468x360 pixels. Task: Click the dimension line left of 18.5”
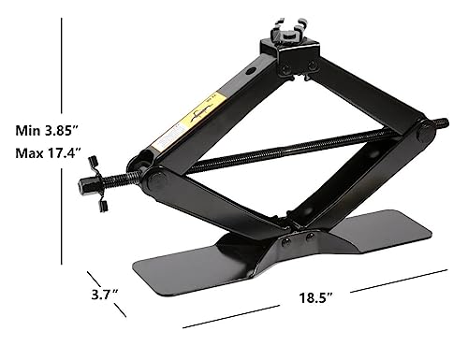[225, 319]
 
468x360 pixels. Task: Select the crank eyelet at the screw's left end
[96, 175]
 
